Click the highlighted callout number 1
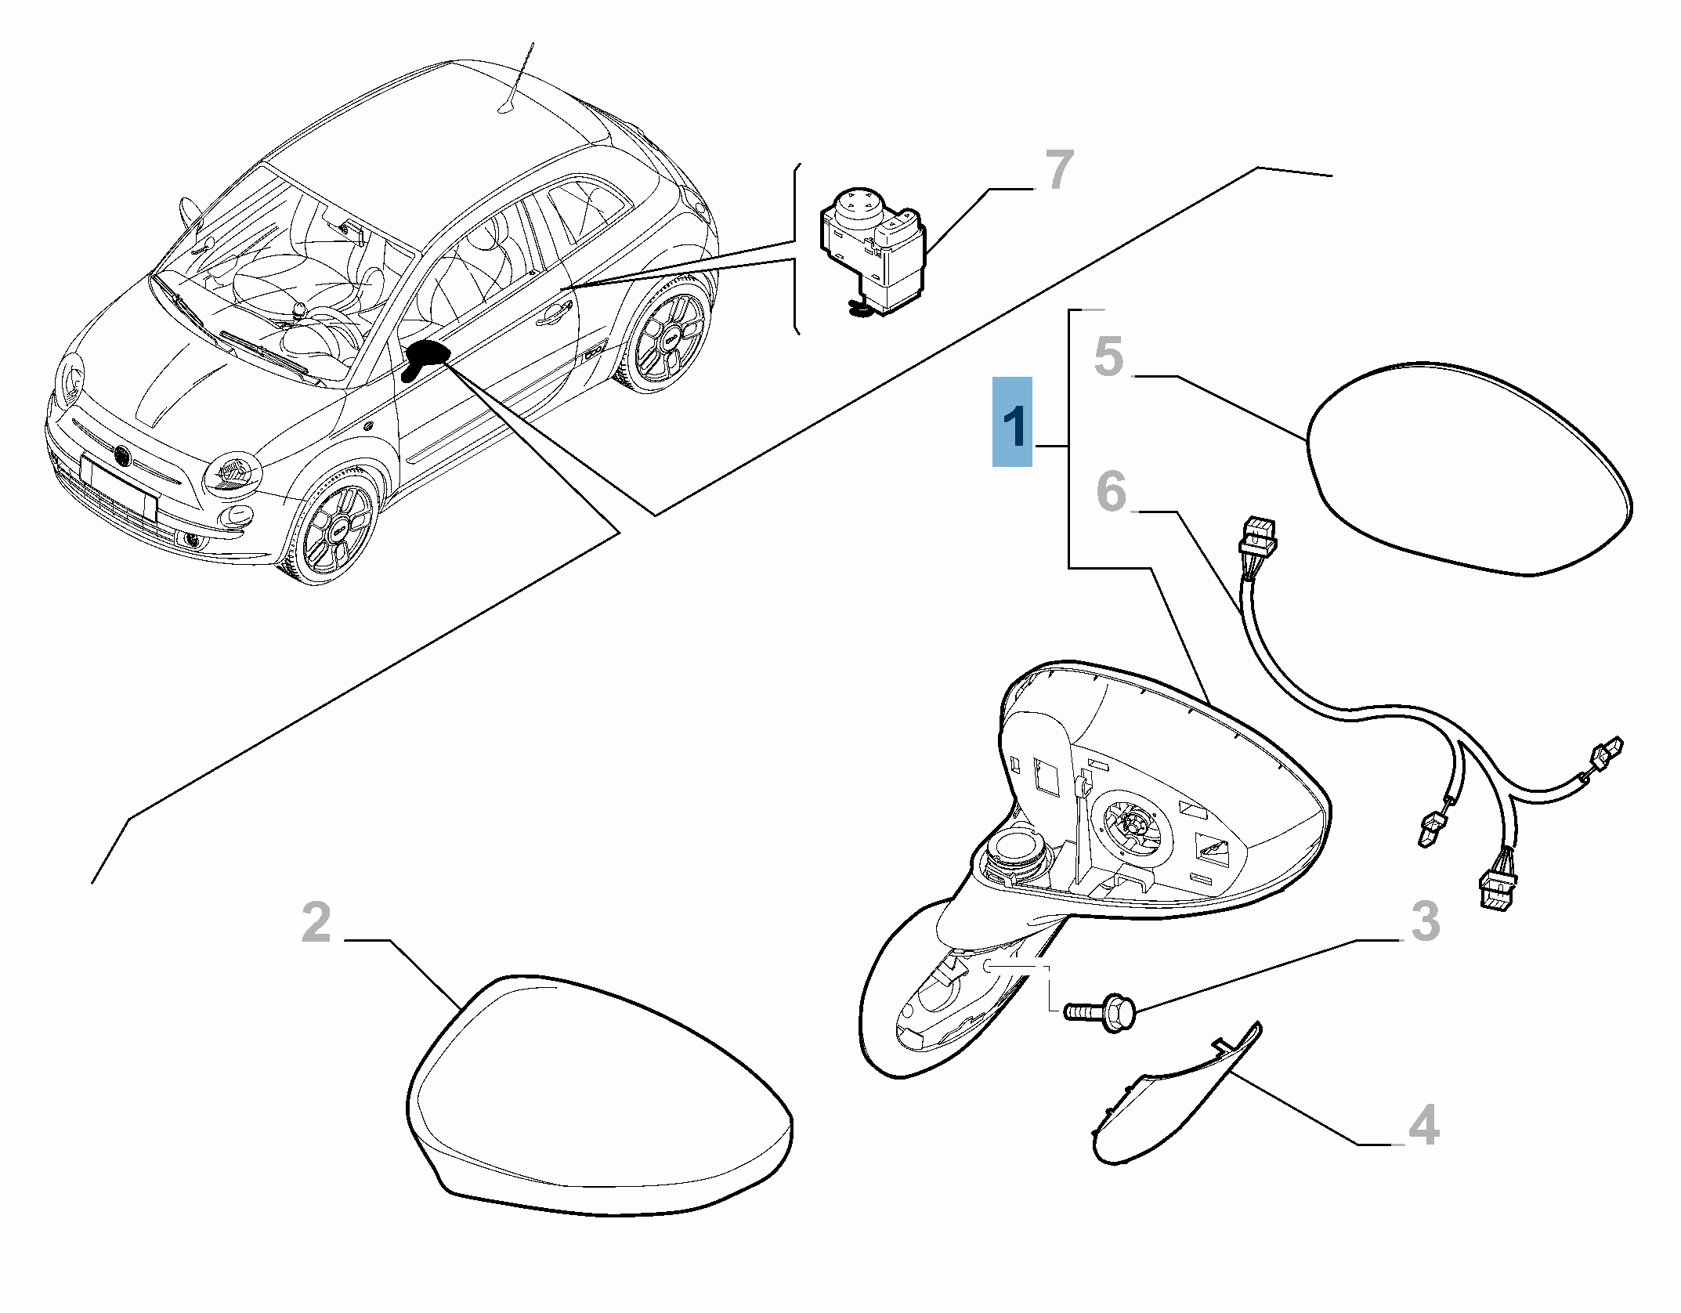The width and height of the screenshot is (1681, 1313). click(1012, 422)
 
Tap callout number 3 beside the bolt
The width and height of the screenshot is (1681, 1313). click(1426, 921)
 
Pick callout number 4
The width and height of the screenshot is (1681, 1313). click(1423, 1125)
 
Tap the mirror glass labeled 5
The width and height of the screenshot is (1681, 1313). click(1470, 468)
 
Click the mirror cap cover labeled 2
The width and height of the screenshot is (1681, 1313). click(600, 1106)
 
